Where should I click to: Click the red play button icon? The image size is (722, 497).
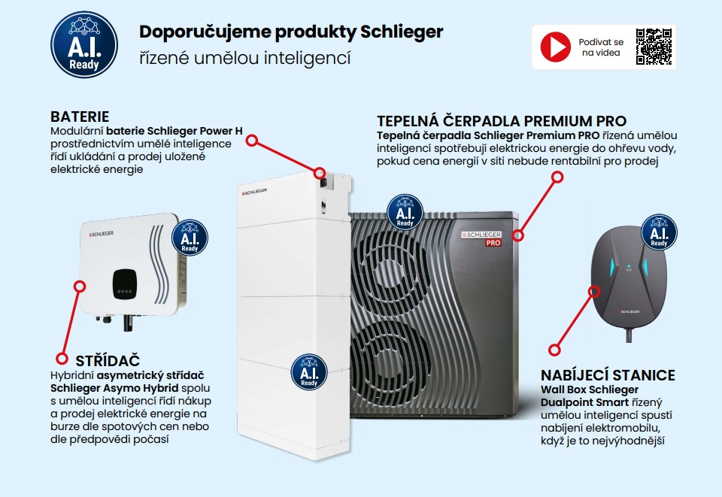556,47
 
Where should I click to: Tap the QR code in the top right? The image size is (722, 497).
654,47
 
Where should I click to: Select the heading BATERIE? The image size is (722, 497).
80,117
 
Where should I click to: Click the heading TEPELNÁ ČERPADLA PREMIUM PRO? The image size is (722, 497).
501,121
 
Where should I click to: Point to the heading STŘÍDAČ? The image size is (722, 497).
108,361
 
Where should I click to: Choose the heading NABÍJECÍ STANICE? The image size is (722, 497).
608,375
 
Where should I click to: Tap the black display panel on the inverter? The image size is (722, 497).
126,283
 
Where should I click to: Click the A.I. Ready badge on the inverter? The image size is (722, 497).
190,238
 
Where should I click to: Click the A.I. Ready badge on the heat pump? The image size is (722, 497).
405,213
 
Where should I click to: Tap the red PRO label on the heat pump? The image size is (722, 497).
493,243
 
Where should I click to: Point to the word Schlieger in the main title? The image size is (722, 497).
402,32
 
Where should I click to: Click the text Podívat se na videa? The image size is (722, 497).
601,47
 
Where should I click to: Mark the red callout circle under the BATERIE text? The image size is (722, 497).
253,140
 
